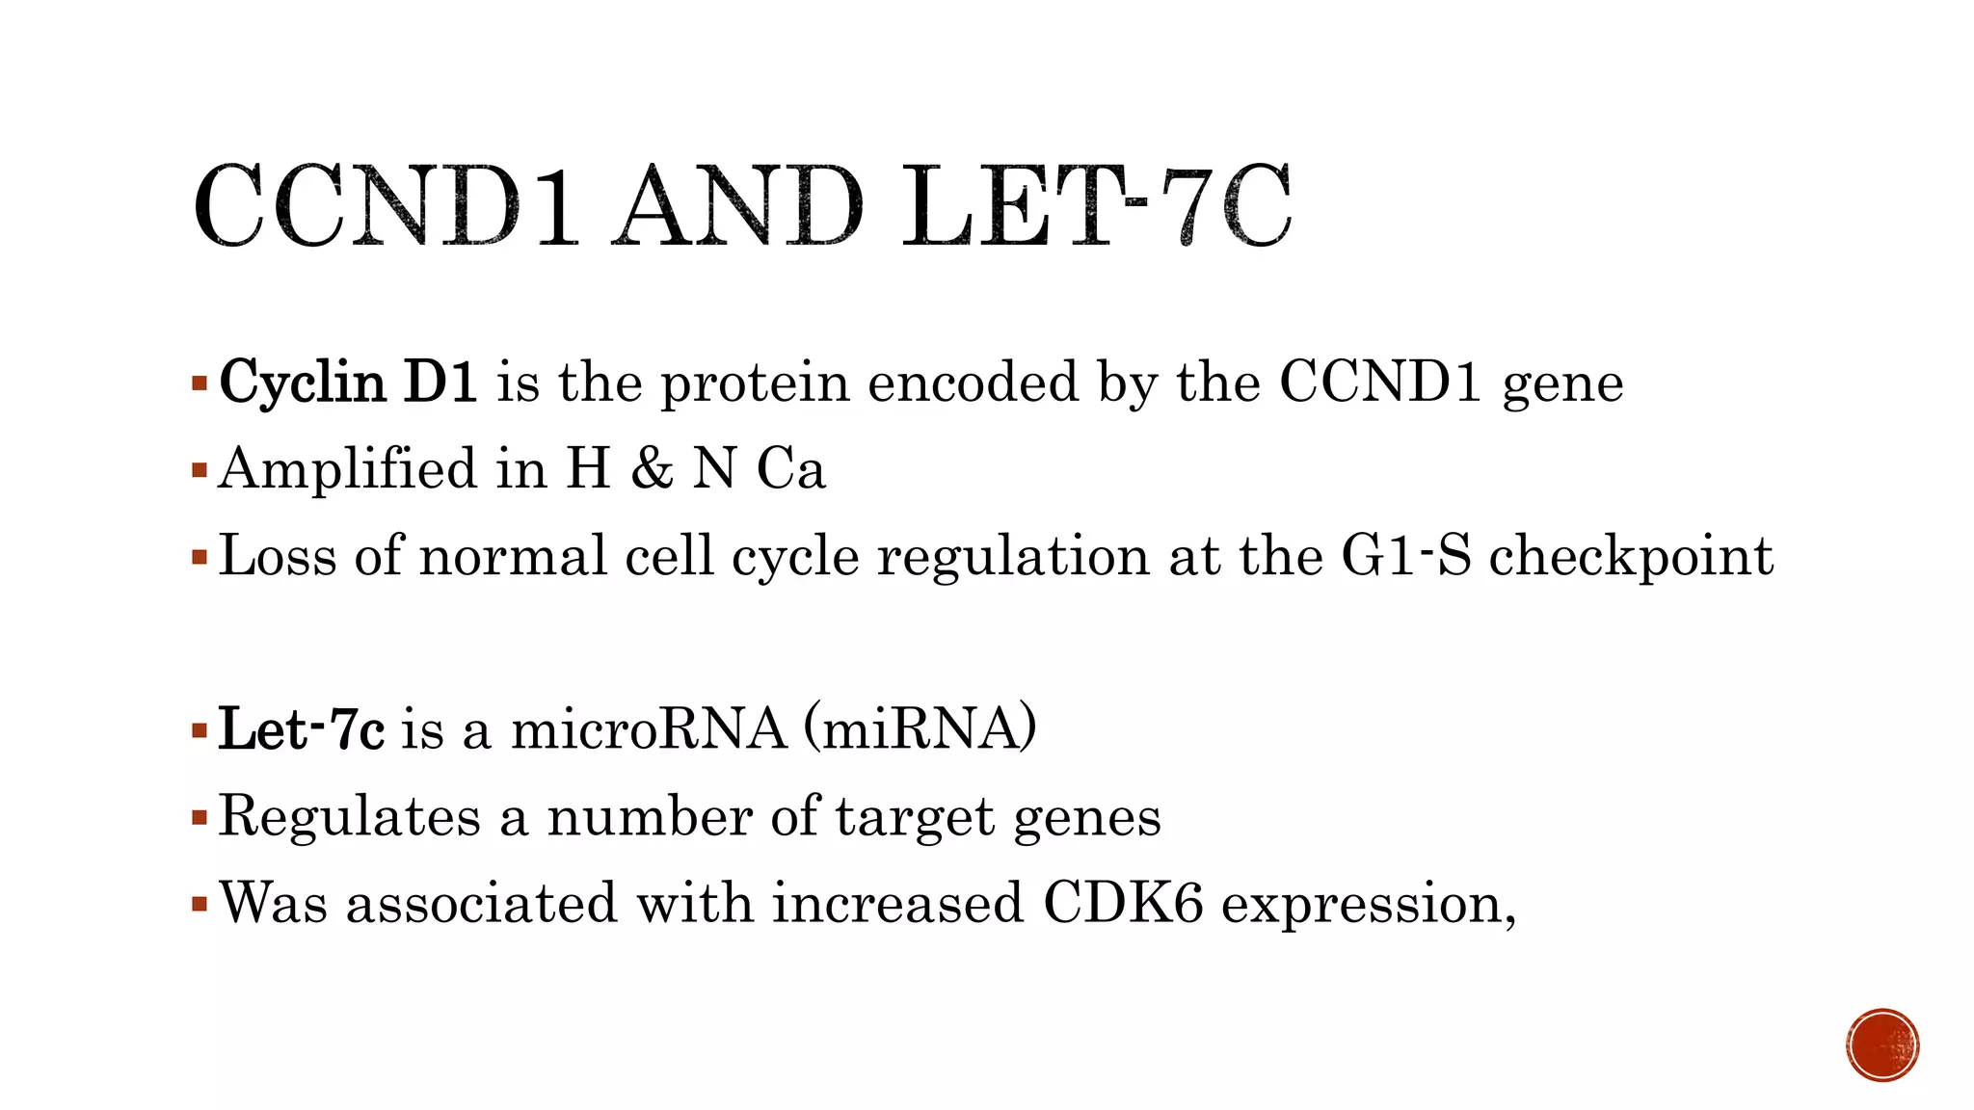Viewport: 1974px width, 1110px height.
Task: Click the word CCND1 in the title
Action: [x=386, y=206]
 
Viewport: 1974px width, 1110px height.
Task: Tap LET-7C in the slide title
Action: [x=1096, y=206]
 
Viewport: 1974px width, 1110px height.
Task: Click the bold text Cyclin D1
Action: [x=348, y=383]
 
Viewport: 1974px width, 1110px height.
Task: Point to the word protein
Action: [x=755, y=383]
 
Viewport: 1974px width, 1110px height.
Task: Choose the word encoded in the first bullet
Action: [x=973, y=383]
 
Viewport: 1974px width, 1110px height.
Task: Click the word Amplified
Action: [x=348, y=469]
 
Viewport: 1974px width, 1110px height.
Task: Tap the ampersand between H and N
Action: [x=653, y=469]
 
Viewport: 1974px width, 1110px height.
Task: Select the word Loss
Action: [x=278, y=556]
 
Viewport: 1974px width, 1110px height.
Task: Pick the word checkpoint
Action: [x=1631, y=557]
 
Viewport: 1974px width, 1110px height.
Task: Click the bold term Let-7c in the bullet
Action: [x=302, y=729]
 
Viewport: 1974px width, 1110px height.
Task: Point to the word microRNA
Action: [x=649, y=729]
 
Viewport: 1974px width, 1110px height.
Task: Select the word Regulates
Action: [x=350, y=817]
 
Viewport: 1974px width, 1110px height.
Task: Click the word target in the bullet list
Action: [x=915, y=818]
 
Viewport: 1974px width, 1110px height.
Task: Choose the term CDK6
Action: [x=1123, y=904]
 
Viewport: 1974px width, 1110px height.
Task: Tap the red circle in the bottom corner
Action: [x=1882, y=1045]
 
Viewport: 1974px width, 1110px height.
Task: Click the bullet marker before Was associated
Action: [x=200, y=905]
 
